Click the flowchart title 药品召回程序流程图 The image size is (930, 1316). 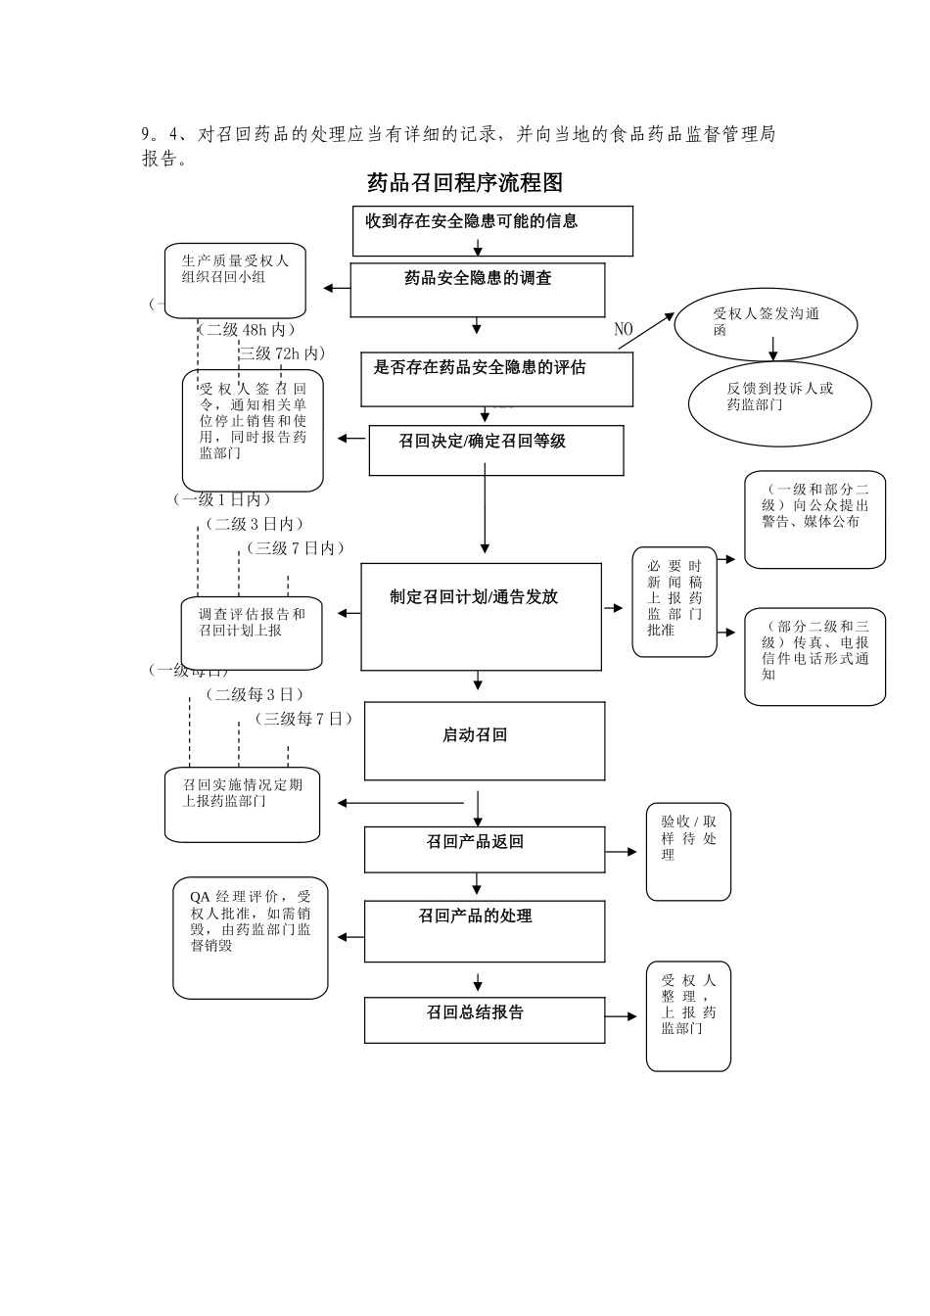pos(465,183)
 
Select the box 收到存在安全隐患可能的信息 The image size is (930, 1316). pos(492,230)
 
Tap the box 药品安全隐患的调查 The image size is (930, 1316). pos(478,289)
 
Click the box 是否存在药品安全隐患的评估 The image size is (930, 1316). pos(496,379)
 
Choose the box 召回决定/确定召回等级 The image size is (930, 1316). pos(495,450)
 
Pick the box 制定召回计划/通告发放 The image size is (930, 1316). pos(481,616)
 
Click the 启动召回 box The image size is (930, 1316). pos(484,740)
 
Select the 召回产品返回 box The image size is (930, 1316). pos(484,849)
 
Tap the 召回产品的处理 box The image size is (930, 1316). pos(484,930)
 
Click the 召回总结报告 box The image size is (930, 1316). pos(484,1019)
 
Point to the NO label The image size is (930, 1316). pos(624,329)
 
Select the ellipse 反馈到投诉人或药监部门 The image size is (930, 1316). pos(779,402)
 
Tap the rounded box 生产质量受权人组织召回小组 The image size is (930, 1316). pos(235,280)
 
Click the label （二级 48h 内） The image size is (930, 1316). pos(247,330)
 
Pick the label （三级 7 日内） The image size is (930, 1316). pos(296,548)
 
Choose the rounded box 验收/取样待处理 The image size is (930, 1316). pos(688,851)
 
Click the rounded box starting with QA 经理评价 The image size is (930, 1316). pos(251,937)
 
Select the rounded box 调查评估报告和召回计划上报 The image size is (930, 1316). pos(252,633)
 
